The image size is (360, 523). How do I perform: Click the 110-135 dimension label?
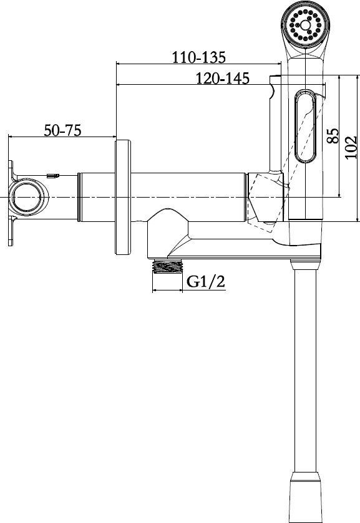[x=198, y=57]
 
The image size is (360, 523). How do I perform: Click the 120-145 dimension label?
[x=222, y=79]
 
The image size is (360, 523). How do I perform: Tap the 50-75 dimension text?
[x=62, y=130]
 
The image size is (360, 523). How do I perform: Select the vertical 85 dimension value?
[x=333, y=135]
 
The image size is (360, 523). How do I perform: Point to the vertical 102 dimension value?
[x=351, y=148]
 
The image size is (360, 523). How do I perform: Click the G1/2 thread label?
[x=206, y=282]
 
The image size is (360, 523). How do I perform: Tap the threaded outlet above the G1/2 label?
[x=167, y=266]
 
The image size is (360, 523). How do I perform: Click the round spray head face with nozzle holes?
[x=305, y=25]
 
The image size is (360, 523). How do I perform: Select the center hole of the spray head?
[x=305, y=25]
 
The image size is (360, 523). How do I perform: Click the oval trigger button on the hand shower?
[x=304, y=126]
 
